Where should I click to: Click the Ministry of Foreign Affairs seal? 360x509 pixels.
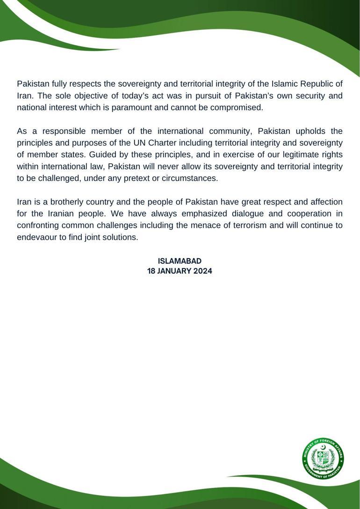pyautogui.click(x=323, y=458)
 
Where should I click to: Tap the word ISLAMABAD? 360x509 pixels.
pyautogui.click(x=180, y=261)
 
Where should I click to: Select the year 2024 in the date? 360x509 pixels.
pyautogui.click(x=202, y=271)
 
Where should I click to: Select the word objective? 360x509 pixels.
pyautogui.click(x=91, y=96)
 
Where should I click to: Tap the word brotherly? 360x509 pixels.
pyautogui.click(x=69, y=202)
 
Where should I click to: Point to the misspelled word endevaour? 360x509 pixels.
pyautogui.click(x=36, y=237)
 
